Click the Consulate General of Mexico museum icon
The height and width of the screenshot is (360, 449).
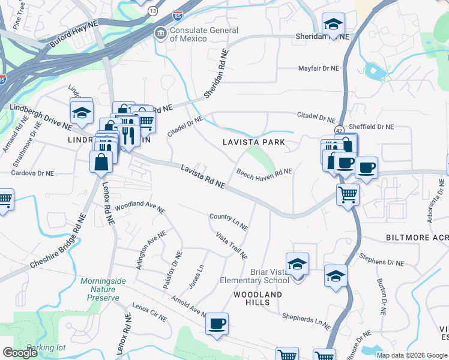[160, 32]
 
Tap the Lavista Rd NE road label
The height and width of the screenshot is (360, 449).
[203, 178]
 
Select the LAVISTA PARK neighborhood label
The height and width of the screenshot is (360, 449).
[253, 143]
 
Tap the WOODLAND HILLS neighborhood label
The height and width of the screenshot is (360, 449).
[258, 299]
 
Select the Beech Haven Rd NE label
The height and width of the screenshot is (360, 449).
[264, 173]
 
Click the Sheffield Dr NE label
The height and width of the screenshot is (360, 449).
[372, 127]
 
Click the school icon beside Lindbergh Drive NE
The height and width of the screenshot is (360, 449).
[82, 112]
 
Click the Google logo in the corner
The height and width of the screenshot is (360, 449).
[20, 353]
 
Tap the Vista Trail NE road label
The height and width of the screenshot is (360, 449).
[231, 246]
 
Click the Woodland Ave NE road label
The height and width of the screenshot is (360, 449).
[139, 206]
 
